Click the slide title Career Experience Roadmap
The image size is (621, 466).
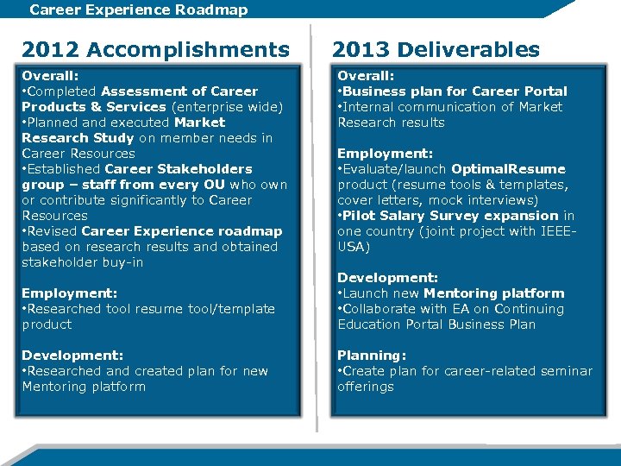click(138, 10)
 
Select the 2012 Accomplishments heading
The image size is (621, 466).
click(155, 49)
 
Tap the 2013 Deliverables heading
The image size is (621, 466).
click(436, 49)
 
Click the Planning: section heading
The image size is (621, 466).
click(371, 356)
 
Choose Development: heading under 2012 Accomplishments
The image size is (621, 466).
click(72, 356)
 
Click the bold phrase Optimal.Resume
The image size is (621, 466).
click(508, 169)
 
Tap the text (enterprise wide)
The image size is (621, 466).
click(226, 107)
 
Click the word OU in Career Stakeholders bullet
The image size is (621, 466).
click(216, 185)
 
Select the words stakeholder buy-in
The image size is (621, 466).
click(82, 262)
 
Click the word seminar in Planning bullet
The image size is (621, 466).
click(566, 371)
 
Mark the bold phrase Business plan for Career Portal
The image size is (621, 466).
click(455, 91)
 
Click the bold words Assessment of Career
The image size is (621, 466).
click(179, 91)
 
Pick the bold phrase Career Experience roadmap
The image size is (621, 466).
click(182, 231)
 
